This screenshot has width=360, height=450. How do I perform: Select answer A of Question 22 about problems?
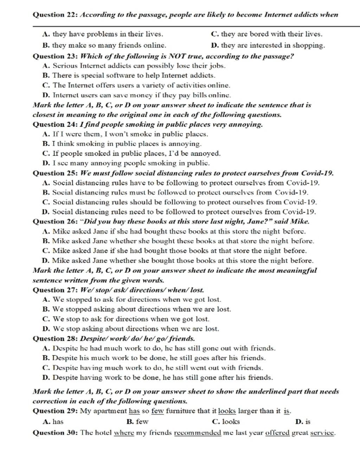(x=102, y=34)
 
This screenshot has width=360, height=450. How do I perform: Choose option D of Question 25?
(x=179, y=212)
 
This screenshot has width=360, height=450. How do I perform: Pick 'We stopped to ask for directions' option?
(x=131, y=300)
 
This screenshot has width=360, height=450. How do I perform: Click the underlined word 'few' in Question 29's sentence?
(x=158, y=411)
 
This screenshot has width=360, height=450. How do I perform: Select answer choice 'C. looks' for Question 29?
(x=226, y=422)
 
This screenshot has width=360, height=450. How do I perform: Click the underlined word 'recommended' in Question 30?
(x=198, y=433)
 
